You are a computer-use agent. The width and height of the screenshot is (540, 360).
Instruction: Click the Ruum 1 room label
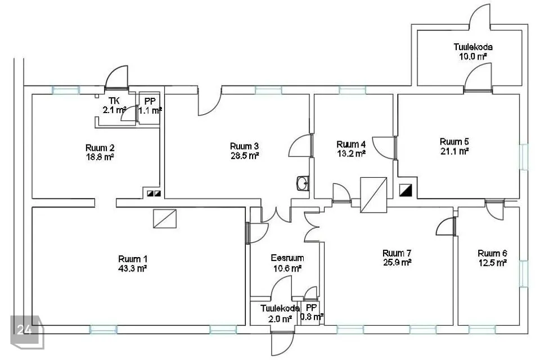133,259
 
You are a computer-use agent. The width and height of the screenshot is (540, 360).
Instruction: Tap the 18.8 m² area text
100,157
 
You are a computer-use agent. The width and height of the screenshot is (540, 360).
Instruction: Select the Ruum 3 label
244,146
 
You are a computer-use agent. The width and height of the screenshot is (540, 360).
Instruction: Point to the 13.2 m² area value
351,154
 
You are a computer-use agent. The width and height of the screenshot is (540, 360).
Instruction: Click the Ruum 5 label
454,142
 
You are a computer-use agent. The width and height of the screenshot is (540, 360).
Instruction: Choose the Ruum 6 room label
492,254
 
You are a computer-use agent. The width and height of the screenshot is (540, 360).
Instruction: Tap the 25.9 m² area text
397,263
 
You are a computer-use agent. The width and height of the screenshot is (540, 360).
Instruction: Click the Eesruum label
287,258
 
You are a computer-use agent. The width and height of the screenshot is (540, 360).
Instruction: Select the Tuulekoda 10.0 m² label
473,52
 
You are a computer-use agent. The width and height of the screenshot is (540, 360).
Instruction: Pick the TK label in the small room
114,101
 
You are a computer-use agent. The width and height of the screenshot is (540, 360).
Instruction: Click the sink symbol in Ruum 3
303,183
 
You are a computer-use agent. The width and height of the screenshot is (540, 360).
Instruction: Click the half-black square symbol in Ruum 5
406,190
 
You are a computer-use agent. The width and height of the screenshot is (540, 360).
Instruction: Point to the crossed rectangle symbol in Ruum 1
165,219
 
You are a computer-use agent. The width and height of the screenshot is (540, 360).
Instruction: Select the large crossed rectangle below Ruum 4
373,195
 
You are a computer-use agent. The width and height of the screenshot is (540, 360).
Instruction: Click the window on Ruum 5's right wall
523,157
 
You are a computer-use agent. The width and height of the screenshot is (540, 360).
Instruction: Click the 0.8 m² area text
312,317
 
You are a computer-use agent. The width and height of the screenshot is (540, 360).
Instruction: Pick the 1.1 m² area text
150,111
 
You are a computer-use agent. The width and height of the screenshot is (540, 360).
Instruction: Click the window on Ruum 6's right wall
523,274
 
